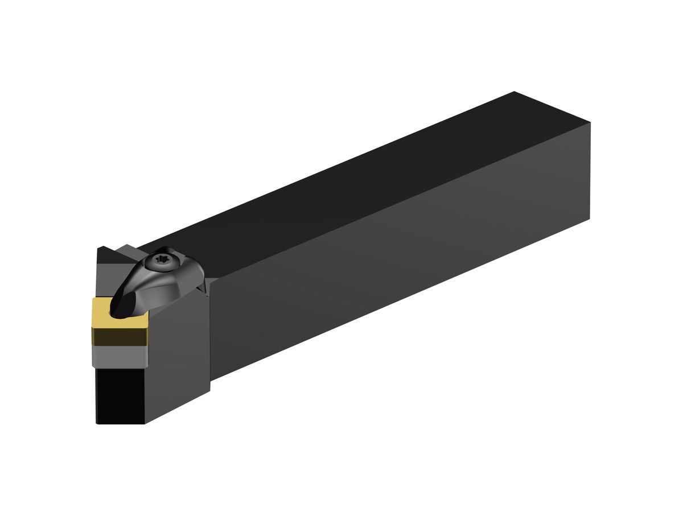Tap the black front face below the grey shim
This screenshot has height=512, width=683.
click(x=120, y=395)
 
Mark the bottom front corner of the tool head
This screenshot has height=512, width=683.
click(x=145, y=423)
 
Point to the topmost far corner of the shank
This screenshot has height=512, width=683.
click(x=514, y=92)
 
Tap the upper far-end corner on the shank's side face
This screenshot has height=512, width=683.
click(x=590, y=122)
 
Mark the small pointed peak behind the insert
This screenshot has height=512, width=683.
click(x=102, y=247)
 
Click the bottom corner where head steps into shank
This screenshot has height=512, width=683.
click(x=211, y=390)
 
